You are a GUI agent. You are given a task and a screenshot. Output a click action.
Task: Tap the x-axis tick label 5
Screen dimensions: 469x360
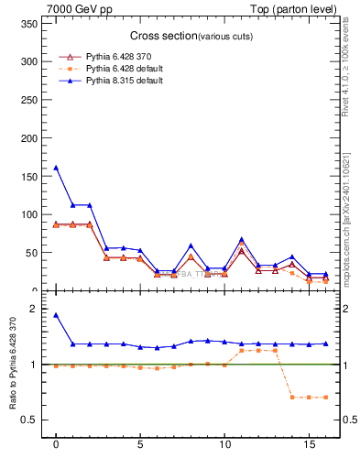[139, 448]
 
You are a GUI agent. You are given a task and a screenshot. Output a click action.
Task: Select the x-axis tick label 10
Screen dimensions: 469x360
[224, 448]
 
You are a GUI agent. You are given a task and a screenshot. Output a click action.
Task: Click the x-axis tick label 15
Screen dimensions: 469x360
[309, 448]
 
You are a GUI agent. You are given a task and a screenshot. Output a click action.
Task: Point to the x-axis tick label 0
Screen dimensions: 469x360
[56, 448]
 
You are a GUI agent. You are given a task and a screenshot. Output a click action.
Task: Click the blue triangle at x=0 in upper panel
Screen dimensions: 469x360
[56, 168]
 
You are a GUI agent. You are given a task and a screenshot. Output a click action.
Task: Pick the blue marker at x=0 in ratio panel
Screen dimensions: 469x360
[56, 315]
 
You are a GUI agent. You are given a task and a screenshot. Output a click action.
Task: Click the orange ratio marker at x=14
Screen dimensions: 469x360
[292, 397]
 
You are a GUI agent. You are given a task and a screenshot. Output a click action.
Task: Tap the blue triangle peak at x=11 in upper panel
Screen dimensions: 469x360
[242, 239]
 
